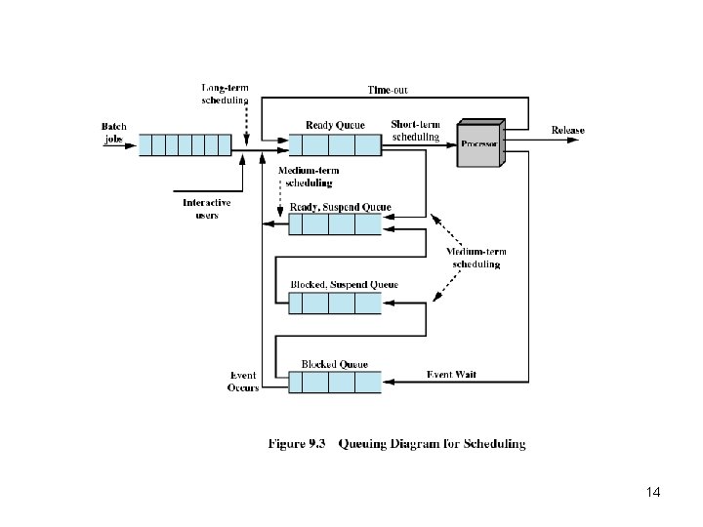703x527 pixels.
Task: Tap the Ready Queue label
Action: (x=335, y=125)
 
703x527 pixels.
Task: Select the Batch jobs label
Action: (x=114, y=132)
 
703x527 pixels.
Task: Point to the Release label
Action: (x=567, y=131)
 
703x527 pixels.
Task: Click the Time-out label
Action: (x=388, y=91)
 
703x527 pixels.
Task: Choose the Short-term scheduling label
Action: (x=415, y=131)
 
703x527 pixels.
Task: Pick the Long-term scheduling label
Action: (x=225, y=94)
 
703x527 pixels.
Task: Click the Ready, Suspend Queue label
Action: (x=341, y=207)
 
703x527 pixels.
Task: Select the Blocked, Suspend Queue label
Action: (x=344, y=285)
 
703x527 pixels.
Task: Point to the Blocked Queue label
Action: (x=334, y=364)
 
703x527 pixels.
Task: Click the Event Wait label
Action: (x=452, y=375)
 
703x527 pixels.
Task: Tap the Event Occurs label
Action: (x=243, y=382)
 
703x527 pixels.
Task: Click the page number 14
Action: (x=653, y=493)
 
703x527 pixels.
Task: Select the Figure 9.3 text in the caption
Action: (x=296, y=444)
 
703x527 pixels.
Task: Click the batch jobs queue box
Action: (x=185, y=145)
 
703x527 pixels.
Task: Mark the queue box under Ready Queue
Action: (x=335, y=145)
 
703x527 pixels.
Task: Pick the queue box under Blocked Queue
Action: (x=335, y=382)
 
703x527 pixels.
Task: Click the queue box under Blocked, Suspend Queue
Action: (x=335, y=303)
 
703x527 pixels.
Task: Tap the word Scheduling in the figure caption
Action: (x=494, y=444)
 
